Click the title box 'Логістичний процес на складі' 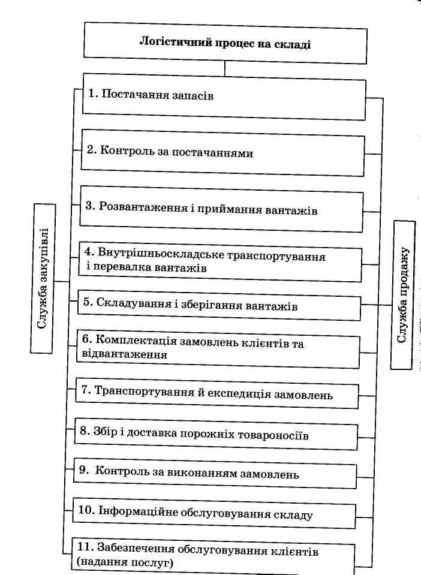point(225,43)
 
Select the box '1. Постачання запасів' point(223,96)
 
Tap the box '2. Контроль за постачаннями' point(222,154)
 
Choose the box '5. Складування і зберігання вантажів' point(219,306)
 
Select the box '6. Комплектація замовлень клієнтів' point(218,350)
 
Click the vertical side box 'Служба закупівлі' point(43,278)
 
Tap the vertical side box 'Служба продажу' point(402,294)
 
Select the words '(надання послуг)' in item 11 point(124,562)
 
